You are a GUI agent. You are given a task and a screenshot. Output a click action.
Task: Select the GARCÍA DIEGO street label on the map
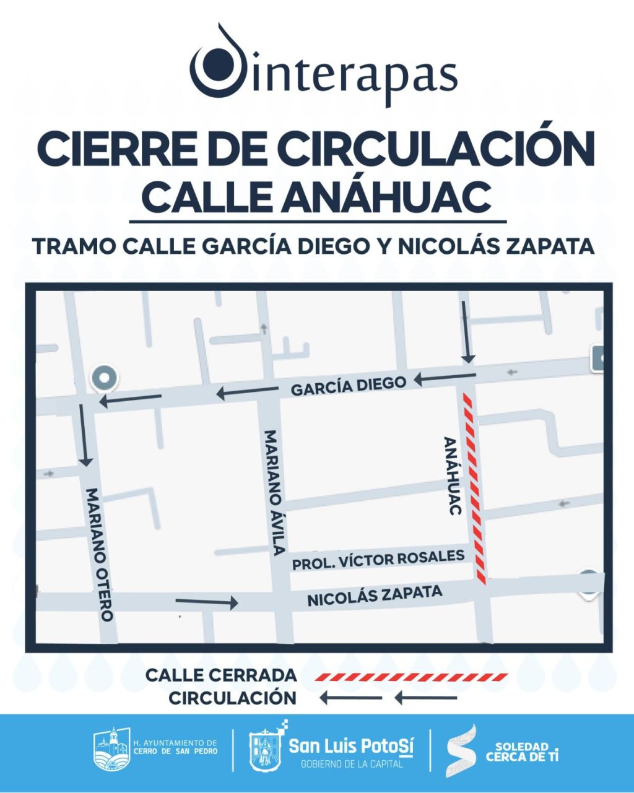pyautogui.click(x=349, y=385)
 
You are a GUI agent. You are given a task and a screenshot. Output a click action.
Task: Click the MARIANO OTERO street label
pyautogui.click(x=100, y=554)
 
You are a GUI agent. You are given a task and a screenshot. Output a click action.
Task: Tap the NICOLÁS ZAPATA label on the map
pyautogui.click(x=375, y=596)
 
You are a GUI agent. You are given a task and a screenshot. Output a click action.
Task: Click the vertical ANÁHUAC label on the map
pyautogui.click(x=453, y=475)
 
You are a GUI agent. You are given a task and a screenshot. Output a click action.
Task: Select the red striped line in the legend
pyautogui.click(x=411, y=677)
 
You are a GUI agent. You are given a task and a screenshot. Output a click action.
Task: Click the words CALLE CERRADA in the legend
pyautogui.click(x=221, y=675)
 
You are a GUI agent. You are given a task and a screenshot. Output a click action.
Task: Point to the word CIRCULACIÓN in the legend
pyautogui.click(x=233, y=698)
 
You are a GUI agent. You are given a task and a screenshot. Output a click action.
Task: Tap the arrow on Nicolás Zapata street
pyautogui.click(x=207, y=602)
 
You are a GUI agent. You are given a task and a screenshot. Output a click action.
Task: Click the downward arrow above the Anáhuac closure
pyautogui.click(x=467, y=332)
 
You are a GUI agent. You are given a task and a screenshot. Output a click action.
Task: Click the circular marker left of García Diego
pyautogui.click(x=103, y=378)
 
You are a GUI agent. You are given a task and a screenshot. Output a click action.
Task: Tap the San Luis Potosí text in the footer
pyautogui.click(x=350, y=745)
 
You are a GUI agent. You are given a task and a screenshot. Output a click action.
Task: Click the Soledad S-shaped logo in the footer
pyautogui.click(x=462, y=750)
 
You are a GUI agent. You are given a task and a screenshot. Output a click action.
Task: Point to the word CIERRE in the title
pyautogui.click(x=110, y=149)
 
